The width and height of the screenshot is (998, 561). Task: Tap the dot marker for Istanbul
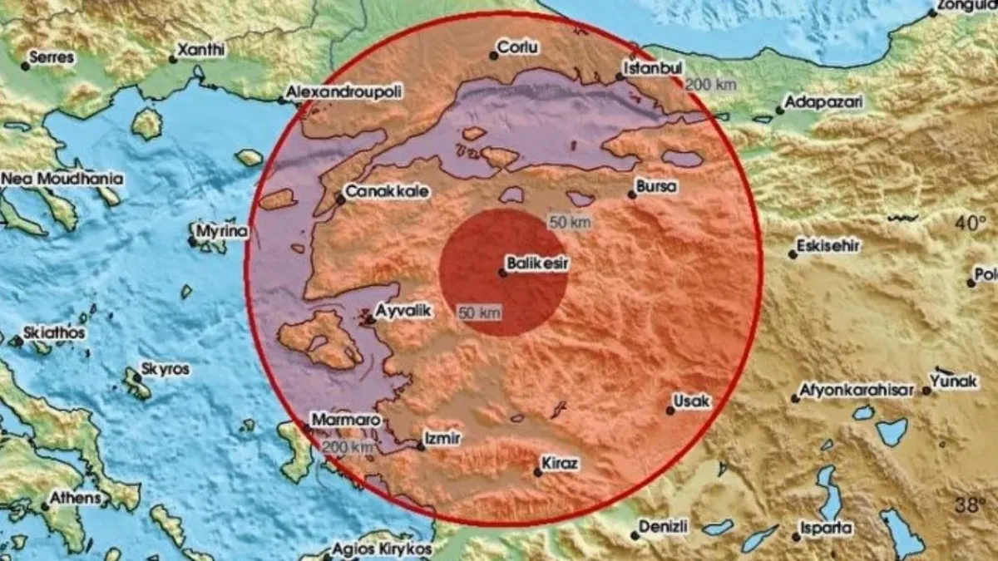(620, 77)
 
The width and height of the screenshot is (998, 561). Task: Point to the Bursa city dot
(632, 194)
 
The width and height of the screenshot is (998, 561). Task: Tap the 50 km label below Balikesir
(479, 312)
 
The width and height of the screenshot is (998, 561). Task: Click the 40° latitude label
(968, 224)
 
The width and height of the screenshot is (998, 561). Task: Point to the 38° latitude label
(968, 504)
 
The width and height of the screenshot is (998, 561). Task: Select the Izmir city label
(442, 436)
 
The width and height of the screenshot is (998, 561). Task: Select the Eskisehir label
(828, 246)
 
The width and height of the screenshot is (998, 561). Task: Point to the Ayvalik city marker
(370, 318)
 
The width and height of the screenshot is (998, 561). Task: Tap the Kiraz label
(561, 463)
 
